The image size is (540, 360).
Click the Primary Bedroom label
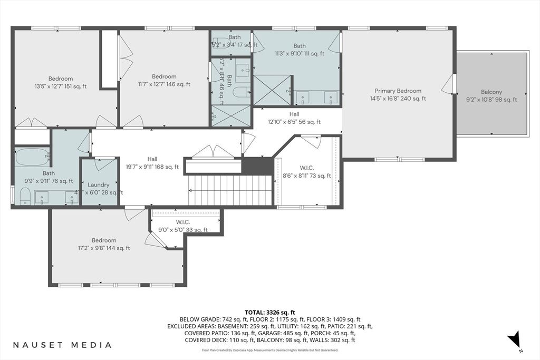398,91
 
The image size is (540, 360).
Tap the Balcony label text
491,92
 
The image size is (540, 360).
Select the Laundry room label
99,185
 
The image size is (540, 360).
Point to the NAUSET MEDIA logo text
62,345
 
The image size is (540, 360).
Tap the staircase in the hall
230,190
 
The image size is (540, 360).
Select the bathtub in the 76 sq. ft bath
32,157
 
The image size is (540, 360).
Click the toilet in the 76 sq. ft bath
24,196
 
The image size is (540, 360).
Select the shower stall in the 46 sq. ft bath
230,115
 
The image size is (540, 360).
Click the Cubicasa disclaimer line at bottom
270,350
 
